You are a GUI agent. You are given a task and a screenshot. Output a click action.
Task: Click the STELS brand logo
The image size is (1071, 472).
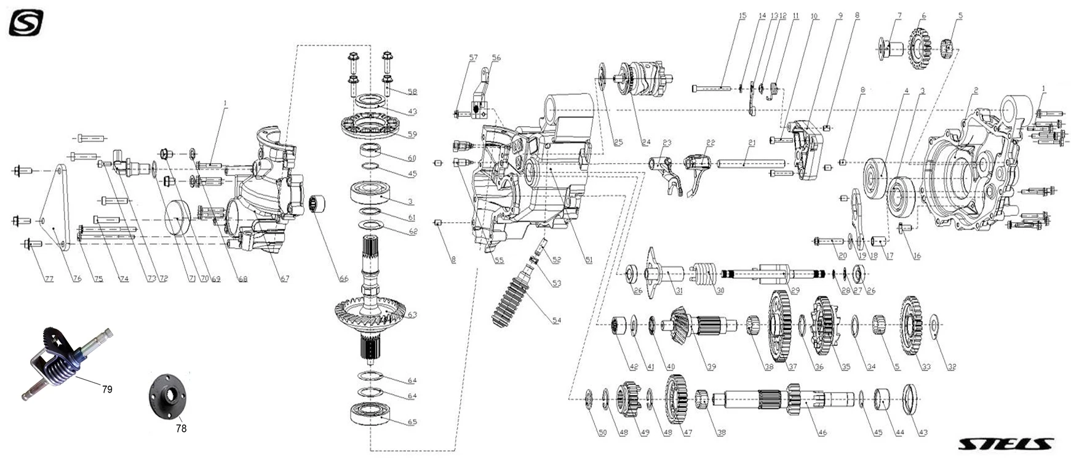1005,444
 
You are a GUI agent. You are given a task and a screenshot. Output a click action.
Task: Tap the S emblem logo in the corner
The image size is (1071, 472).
26,23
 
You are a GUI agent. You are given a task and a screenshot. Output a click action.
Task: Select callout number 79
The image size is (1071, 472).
107,390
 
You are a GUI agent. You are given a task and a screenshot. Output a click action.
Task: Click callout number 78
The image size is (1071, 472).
181,428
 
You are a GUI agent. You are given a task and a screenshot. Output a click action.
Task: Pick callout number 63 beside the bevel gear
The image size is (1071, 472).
412,315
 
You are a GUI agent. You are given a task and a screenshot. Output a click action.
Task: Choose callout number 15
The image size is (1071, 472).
742,16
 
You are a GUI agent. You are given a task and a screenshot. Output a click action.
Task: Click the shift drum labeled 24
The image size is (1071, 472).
643,79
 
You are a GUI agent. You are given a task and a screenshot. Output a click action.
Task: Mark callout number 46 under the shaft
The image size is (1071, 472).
822,433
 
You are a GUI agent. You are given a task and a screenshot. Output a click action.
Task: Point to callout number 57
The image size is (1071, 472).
473,58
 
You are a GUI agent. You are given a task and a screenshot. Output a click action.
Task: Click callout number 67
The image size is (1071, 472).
285,279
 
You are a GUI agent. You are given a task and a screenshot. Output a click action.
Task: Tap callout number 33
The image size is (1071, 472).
926,367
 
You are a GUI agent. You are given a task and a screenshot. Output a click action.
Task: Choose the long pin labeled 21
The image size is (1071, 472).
750,164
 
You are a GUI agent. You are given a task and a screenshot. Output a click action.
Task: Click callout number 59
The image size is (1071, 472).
412,135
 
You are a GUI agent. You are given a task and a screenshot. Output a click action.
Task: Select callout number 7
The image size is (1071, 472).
899,16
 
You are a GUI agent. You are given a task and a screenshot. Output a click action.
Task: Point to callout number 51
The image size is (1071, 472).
589,260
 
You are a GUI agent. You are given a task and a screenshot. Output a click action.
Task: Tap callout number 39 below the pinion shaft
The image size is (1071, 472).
711,367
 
